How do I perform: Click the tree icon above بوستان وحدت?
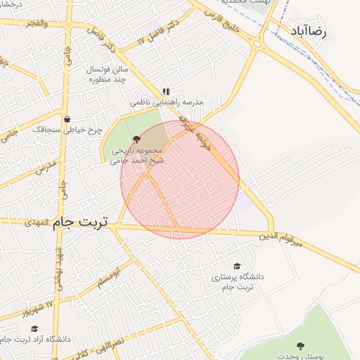(x=302, y=345)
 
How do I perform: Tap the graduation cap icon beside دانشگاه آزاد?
(x=34, y=328)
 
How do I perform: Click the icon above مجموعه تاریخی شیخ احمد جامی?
(x=136, y=139)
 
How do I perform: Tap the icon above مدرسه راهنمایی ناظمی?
(x=166, y=91)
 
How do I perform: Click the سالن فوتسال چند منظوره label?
(x=105, y=75)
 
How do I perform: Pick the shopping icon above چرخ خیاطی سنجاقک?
(x=67, y=119)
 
